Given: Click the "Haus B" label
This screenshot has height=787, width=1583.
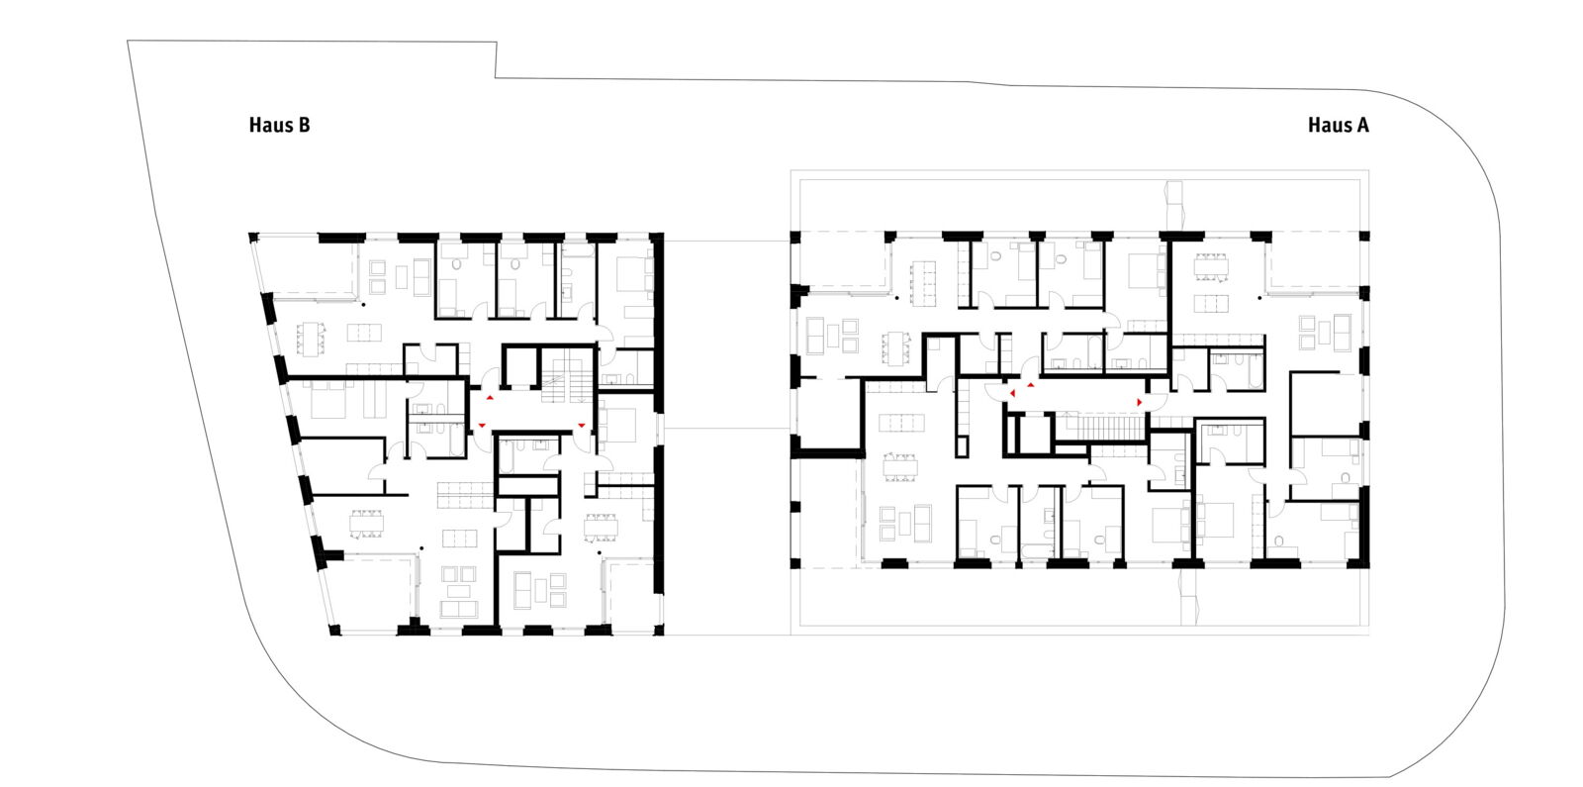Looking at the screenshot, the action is coord(279,125).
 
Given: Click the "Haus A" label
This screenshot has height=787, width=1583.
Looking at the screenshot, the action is coord(1338,125).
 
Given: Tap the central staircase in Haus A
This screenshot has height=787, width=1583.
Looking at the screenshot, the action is coord(1099,427).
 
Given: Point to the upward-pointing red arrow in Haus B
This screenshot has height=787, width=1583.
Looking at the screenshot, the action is coord(490,397).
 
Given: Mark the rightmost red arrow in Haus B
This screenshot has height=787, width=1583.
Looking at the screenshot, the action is coord(582,425).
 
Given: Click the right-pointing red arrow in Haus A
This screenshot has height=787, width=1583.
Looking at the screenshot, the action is coord(1139,402).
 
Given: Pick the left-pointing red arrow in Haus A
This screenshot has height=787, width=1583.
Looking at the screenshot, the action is coord(1013,393).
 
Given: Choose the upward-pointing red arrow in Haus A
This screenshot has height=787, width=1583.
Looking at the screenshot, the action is coord(1031,385).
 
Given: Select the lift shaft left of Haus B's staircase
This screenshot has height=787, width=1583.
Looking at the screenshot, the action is coord(520,366).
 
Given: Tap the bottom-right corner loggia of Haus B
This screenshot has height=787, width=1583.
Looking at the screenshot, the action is coord(632,595).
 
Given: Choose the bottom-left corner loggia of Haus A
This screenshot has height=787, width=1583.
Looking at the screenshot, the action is coord(828,513).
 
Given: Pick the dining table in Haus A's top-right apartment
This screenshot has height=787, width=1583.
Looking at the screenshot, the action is coord(1211,266).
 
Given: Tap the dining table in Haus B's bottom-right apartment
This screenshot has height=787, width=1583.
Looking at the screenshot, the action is coord(601,527).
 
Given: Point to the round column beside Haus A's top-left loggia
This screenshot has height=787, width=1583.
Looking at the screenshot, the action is coord(897,298).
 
